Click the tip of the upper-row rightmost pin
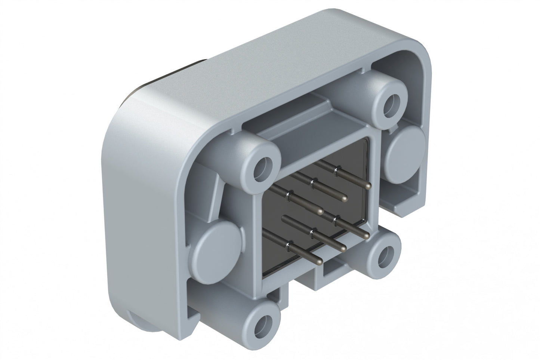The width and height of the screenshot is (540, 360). pyautogui.click(x=369, y=186)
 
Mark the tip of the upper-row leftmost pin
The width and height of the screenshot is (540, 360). pyautogui.click(x=320, y=212)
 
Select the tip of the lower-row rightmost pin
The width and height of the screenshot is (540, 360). pyautogui.click(x=367, y=236)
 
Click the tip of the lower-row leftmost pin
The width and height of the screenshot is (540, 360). pyautogui.click(x=319, y=261)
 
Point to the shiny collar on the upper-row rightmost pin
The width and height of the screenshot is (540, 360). pyautogui.click(x=337, y=170)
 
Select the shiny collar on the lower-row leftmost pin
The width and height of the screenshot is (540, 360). pyautogui.click(x=288, y=246)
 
